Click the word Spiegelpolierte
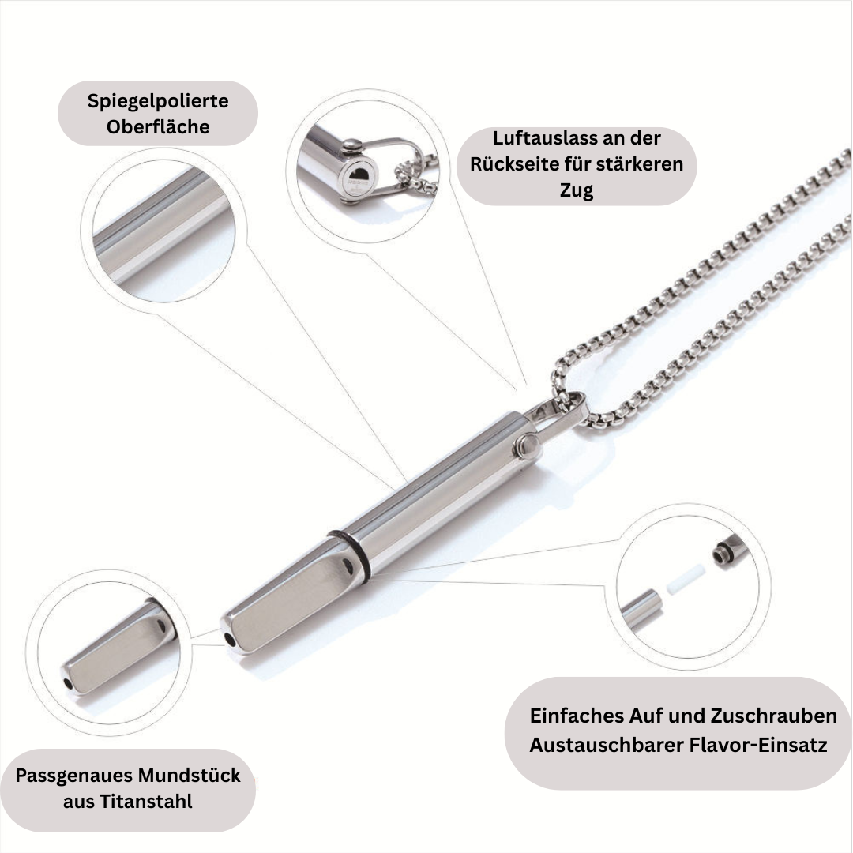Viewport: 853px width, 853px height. coord(158,101)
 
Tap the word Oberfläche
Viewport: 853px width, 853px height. coord(158,126)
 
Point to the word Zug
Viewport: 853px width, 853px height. coord(576,190)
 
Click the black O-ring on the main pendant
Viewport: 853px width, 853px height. coord(349,554)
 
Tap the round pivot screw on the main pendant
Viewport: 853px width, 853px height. coord(527,446)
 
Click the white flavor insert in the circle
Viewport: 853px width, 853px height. coord(686,580)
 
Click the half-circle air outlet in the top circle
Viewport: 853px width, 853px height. coord(359,175)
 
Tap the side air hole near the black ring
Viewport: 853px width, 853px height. coord(348,566)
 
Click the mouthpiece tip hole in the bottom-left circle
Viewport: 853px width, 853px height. coord(68,683)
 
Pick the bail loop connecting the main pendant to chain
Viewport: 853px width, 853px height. coord(560,415)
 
